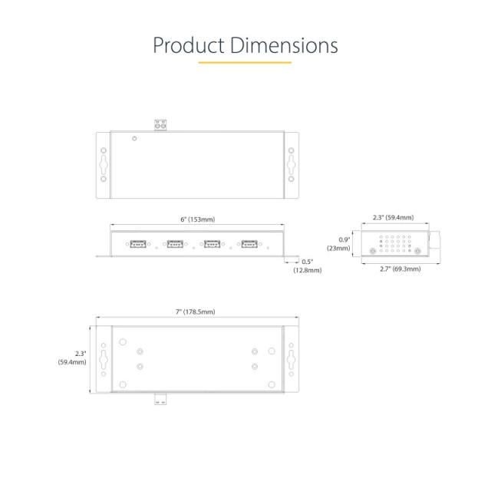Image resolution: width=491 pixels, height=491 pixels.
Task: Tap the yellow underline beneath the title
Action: point(245,62)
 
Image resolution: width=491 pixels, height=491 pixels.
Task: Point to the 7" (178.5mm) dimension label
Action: point(195,311)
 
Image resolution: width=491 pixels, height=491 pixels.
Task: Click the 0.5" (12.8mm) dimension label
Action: point(307,265)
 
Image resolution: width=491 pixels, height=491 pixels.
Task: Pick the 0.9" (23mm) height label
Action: point(341,243)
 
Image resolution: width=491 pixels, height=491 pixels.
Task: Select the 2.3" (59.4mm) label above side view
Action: point(392,217)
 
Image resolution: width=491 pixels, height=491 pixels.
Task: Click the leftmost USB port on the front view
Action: point(138,244)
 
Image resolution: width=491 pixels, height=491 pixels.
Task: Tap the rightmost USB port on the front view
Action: point(249,244)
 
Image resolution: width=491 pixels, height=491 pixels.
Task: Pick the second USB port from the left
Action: point(175,244)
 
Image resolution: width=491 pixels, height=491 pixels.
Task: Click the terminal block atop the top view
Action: point(161,124)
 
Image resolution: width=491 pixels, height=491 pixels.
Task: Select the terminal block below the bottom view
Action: point(161,398)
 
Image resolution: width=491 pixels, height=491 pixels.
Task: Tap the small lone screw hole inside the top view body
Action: point(135,139)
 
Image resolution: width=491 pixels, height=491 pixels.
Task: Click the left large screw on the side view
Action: point(374,251)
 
